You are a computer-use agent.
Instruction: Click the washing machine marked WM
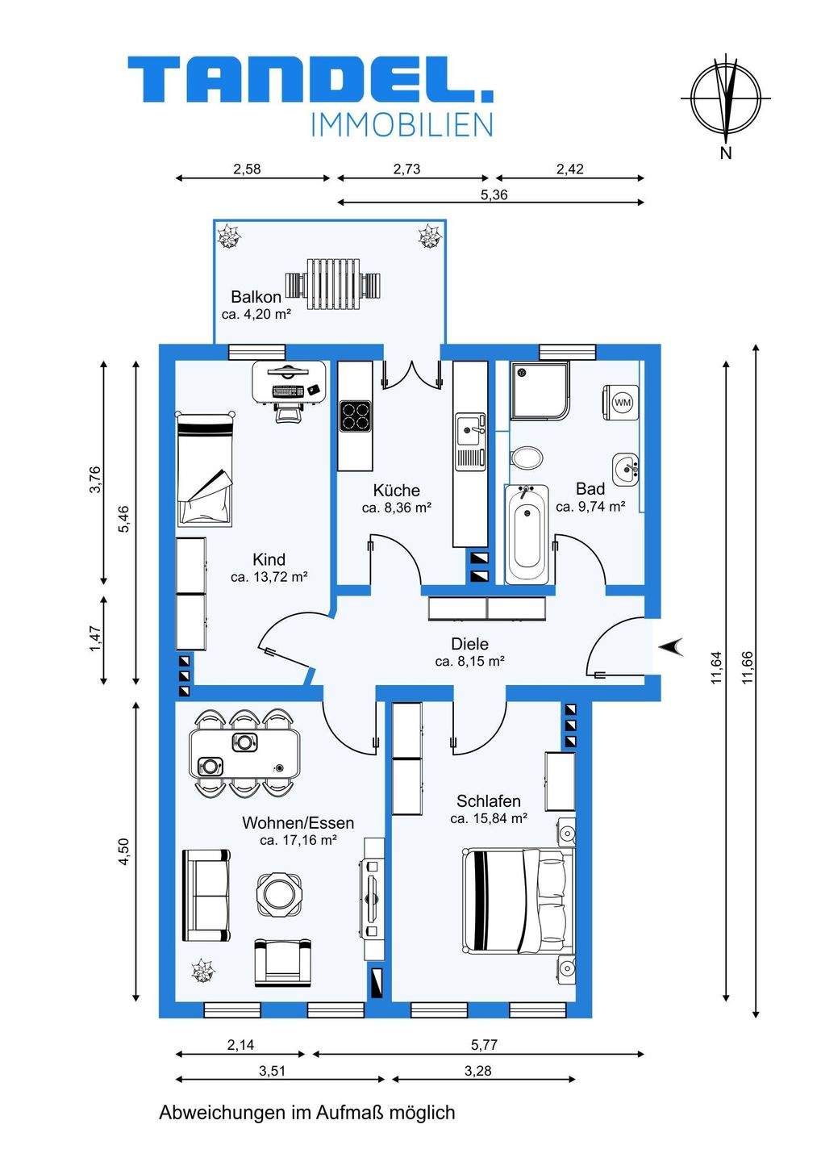pos(620,402)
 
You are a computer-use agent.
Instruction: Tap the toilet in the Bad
pos(527,458)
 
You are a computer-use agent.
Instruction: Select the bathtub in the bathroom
pos(527,534)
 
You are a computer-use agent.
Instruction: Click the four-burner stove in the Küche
pos(355,416)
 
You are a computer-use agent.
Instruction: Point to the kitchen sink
pos(470,441)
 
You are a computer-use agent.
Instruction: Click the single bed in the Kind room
pos(205,468)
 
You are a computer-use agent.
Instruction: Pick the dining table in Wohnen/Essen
pos(244,753)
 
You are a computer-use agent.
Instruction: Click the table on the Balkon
pos(334,284)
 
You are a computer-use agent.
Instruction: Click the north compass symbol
pos(726,98)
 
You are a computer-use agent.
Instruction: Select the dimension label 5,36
pos(494,194)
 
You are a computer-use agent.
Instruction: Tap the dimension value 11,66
pos(747,667)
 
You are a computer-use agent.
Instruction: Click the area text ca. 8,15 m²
pos(470,662)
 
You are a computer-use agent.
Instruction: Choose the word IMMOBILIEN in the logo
pos(401,125)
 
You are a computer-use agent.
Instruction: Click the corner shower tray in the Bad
pos(540,390)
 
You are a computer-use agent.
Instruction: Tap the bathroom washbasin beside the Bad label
pos(626,469)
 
